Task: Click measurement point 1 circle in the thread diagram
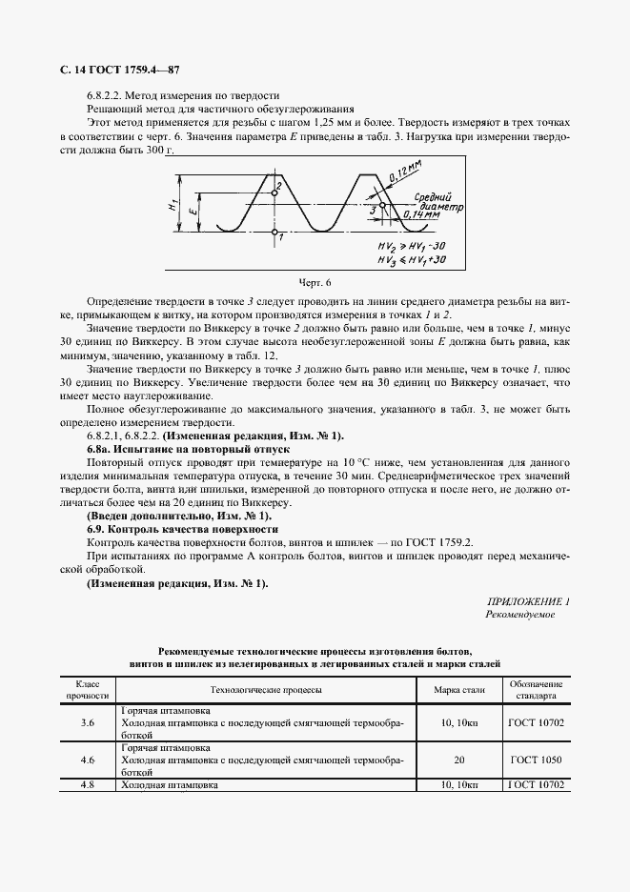click(274, 231)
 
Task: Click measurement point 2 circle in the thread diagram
click(274, 193)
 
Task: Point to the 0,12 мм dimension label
click(405, 174)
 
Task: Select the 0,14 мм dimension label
click(419, 215)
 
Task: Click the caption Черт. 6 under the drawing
click(314, 283)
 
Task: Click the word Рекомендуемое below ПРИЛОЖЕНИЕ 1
click(519, 616)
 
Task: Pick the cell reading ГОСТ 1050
click(537, 760)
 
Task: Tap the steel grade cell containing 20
click(459, 760)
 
